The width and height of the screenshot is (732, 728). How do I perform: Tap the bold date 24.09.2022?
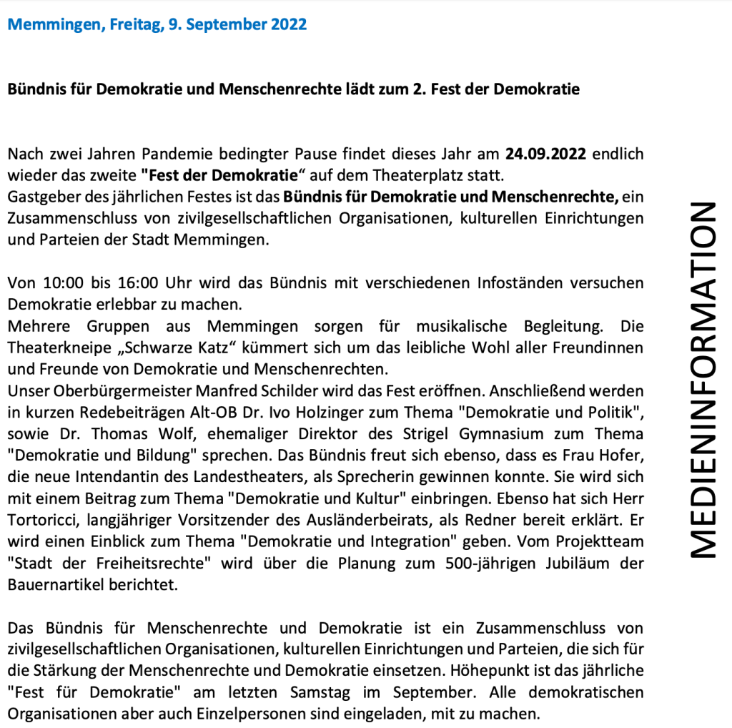tap(546, 154)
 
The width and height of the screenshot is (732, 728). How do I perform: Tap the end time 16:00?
tap(149, 283)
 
